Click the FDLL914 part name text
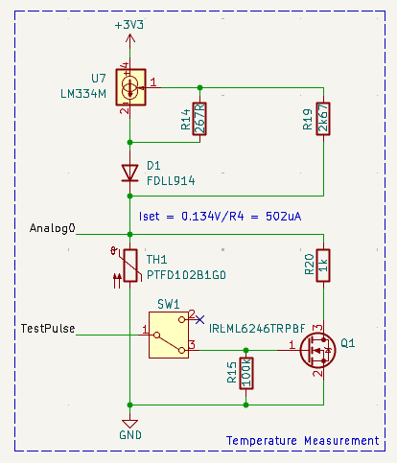tap(173, 180)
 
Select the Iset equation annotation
tap(221, 216)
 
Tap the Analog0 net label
tap(53, 229)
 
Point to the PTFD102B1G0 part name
tap(186, 274)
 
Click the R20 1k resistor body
tap(323, 267)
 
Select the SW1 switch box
tap(169, 335)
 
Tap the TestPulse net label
tap(47, 329)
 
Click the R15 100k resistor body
tap(246, 373)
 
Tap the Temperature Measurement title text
tap(302, 440)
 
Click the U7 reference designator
tap(99, 78)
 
